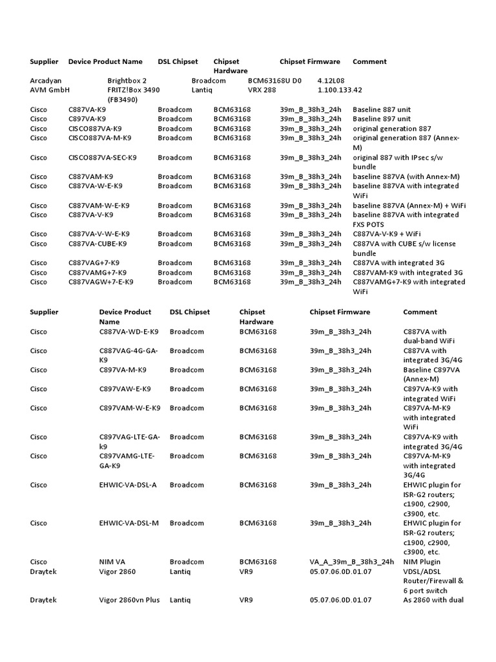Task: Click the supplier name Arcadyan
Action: click(46, 81)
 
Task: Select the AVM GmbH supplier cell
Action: click(49, 91)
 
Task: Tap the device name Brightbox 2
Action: click(127, 81)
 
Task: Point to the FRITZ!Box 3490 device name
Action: click(133, 91)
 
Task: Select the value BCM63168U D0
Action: click(274, 81)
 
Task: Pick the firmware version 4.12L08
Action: click(331, 81)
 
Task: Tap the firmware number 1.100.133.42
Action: click(340, 91)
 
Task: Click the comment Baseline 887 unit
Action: click(382, 110)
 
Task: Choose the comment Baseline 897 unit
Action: click(382, 119)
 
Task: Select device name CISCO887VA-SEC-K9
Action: click(103, 157)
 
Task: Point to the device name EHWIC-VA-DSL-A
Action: click(128, 485)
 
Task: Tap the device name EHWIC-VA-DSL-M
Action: click(129, 523)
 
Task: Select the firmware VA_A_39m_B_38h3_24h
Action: click(351, 562)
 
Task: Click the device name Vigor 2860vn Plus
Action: click(129, 600)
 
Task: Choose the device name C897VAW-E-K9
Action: click(125, 389)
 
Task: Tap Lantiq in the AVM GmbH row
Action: click(203, 91)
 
